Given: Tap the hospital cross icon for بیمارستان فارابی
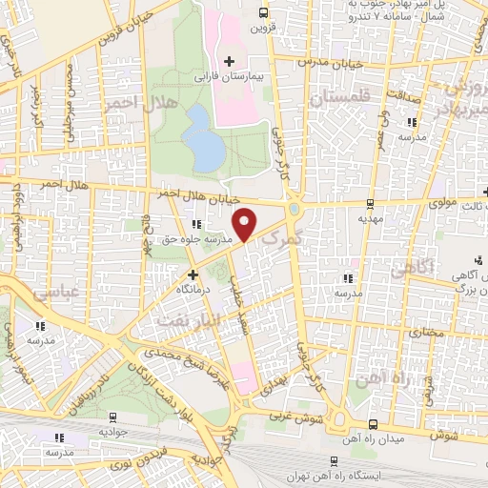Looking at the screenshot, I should (229, 61).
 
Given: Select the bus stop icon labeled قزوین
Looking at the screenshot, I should (263, 13).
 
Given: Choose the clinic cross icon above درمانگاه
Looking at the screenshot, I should (192, 274).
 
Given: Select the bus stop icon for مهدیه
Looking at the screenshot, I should (370, 203).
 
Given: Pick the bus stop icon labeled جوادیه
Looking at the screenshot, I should (113, 416).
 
